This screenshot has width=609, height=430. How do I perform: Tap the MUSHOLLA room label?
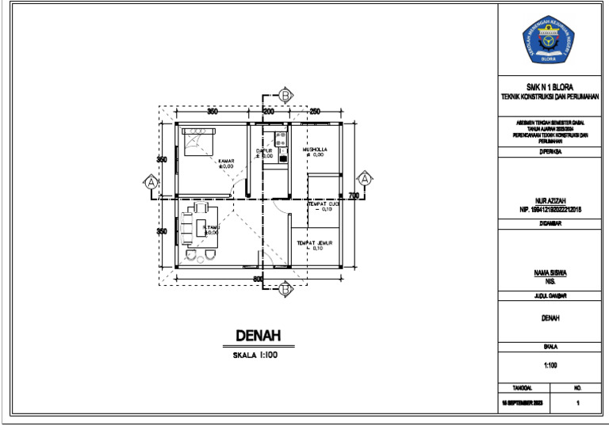click(314, 150)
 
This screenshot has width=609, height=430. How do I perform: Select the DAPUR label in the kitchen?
click(264, 150)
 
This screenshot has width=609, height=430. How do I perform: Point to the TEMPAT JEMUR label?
click(314, 243)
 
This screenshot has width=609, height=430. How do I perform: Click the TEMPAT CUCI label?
click(324, 204)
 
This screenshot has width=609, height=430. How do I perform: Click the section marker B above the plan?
click(285, 95)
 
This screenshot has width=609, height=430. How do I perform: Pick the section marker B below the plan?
click(285, 290)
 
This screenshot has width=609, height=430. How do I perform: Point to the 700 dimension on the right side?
click(354, 196)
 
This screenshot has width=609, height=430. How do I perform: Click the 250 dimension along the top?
click(314, 112)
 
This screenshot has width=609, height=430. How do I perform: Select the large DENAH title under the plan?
click(259, 337)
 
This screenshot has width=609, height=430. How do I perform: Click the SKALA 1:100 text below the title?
click(255, 356)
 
